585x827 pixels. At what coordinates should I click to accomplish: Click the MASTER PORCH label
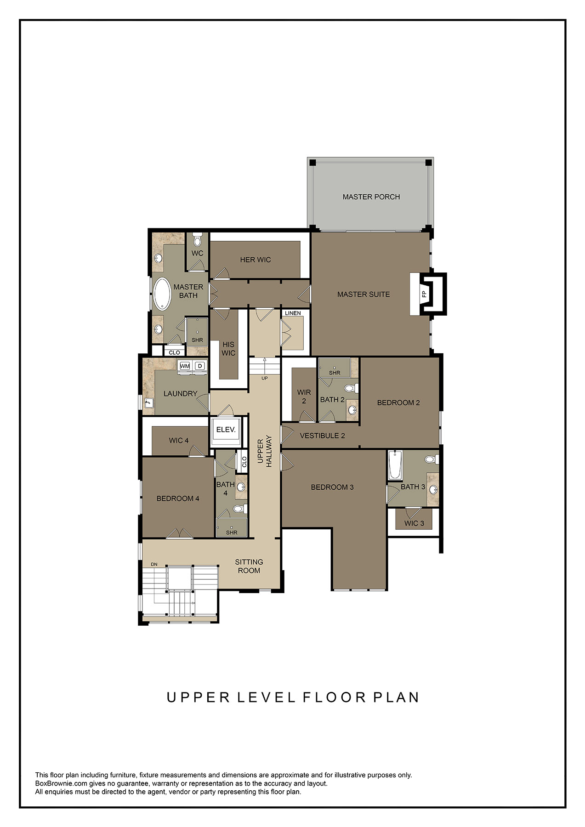click(371, 197)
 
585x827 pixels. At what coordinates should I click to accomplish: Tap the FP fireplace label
click(424, 294)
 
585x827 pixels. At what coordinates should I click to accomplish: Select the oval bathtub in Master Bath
click(162, 294)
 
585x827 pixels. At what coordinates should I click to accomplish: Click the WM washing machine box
click(185, 366)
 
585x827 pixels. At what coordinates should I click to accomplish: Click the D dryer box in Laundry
click(200, 366)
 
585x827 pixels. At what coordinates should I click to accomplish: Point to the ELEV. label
click(226, 430)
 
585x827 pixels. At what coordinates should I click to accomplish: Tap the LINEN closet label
click(293, 313)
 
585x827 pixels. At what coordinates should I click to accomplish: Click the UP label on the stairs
click(265, 378)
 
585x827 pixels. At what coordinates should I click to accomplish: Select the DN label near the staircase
click(154, 564)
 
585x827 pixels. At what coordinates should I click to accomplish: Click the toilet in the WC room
click(198, 240)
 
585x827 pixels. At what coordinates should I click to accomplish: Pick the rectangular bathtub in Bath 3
click(395, 464)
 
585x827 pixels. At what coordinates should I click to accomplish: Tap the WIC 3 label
click(414, 523)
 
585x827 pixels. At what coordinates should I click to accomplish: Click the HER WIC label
click(255, 260)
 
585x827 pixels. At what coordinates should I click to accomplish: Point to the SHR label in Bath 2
click(335, 373)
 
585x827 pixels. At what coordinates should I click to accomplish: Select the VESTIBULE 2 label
click(322, 436)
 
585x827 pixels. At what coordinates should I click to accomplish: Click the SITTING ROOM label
click(249, 566)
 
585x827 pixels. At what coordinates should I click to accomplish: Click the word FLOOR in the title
click(334, 697)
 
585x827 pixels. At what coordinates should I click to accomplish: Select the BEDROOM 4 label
click(178, 498)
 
